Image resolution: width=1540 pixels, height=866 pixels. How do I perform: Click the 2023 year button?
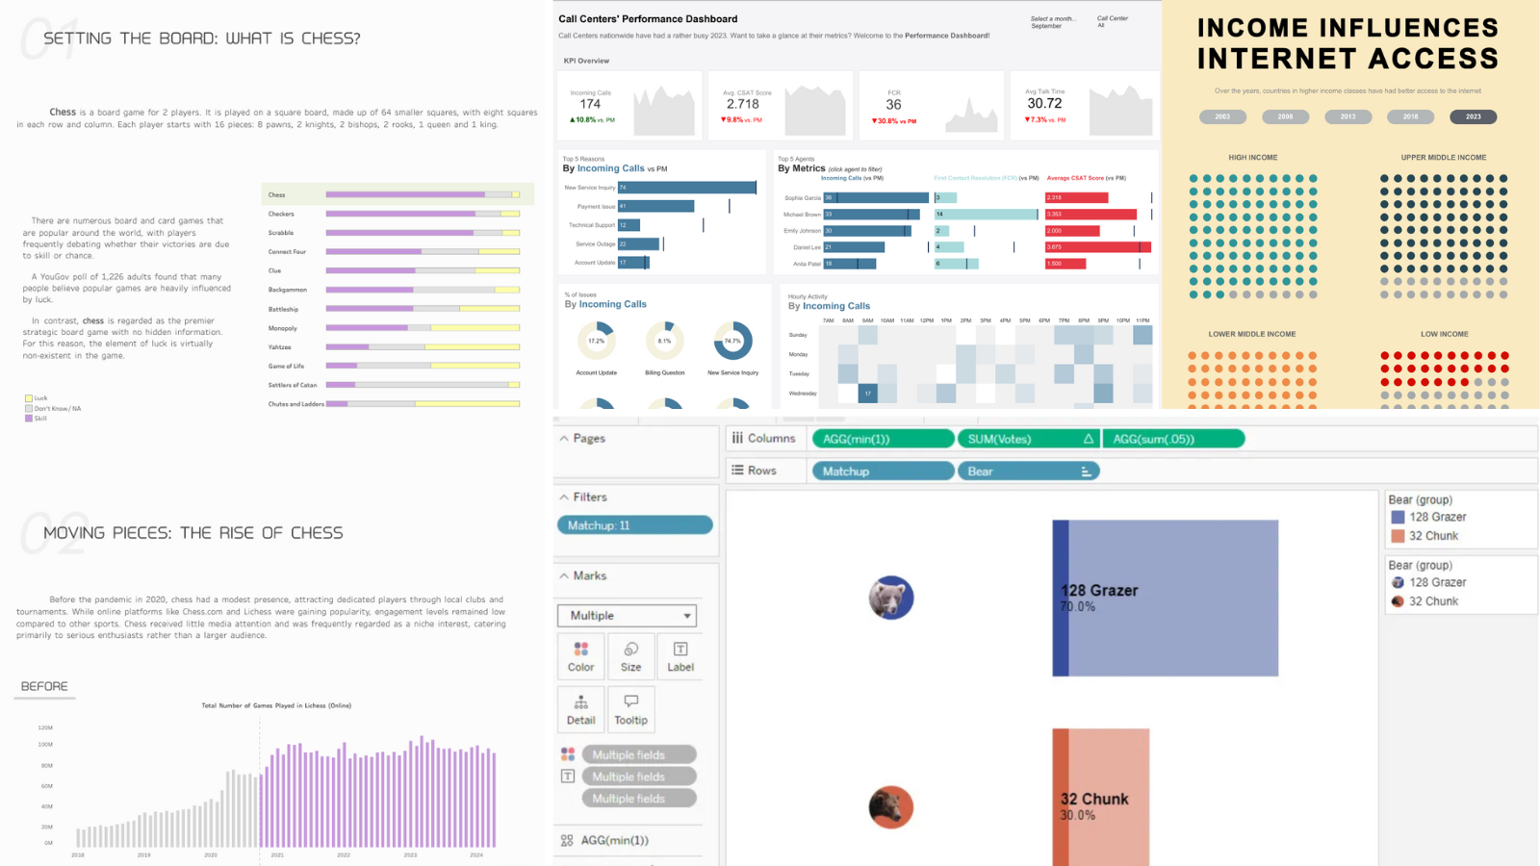(1473, 116)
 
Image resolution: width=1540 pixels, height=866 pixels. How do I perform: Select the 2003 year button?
(1222, 116)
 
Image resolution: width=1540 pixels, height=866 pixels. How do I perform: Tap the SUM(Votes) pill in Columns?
(1027, 439)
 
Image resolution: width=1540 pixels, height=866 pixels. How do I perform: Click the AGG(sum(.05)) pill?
(1172, 439)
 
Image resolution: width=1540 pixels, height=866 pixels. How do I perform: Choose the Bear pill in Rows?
(1028, 471)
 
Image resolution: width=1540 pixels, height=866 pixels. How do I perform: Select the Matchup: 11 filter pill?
(634, 525)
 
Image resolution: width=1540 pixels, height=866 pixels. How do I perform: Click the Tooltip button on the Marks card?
(630, 709)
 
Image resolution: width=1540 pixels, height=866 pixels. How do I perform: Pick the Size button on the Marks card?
(630, 656)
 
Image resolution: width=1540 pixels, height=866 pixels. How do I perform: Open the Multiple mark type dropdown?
(627, 616)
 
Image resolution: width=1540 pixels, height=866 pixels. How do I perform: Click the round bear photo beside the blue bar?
(891, 598)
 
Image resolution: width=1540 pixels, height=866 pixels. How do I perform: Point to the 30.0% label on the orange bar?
(1078, 815)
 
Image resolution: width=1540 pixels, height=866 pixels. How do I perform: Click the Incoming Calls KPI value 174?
(590, 104)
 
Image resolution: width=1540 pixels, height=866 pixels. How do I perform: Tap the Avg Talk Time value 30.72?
(1044, 104)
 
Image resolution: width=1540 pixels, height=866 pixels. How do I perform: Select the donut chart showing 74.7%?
(732, 341)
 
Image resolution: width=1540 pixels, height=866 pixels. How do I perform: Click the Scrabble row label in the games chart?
(281, 233)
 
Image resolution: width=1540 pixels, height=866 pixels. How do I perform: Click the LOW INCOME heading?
(1444, 334)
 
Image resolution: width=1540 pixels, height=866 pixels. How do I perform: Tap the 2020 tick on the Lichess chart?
(211, 854)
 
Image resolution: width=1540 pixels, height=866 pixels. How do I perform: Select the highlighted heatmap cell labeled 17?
(868, 393)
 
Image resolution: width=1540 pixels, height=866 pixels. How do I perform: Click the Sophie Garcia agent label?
(802, 198)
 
